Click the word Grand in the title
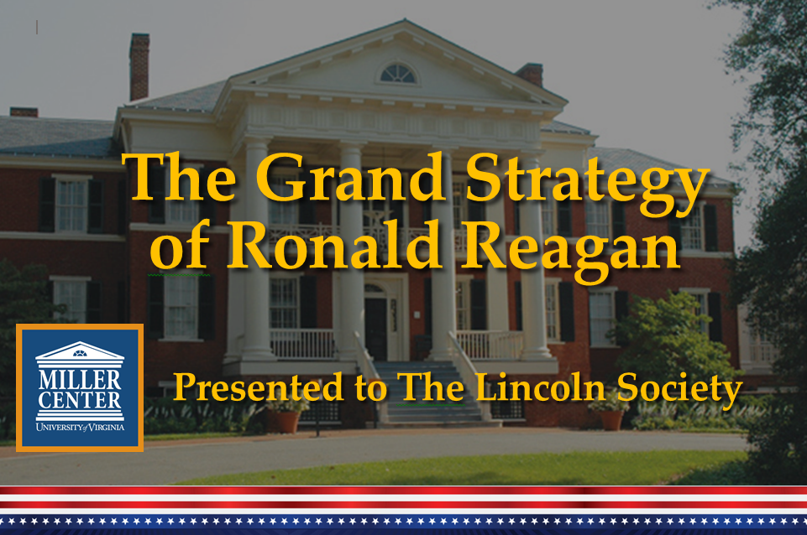click(x=351, y=177)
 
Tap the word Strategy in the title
click(x=587, y=184)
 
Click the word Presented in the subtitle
click(x=258, y=387)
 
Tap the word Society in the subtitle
click(x=679, y=390)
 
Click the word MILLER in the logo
click(x=80, y=380)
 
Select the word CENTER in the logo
click(x=80, y=400)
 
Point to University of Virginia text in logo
click(x=80, y=427)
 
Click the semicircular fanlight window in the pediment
click(x=397, y=74)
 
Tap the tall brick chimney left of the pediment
click(x=139, y=67)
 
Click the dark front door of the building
click(x=375, y=329)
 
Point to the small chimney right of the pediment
click(x=530, y=75)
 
